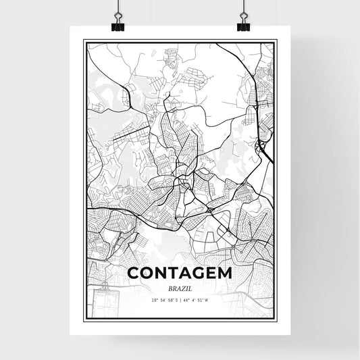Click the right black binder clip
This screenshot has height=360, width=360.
pyautogui.click(x=243, y=25)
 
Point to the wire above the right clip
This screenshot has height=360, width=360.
pyautogui.click(x=243, y=7)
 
